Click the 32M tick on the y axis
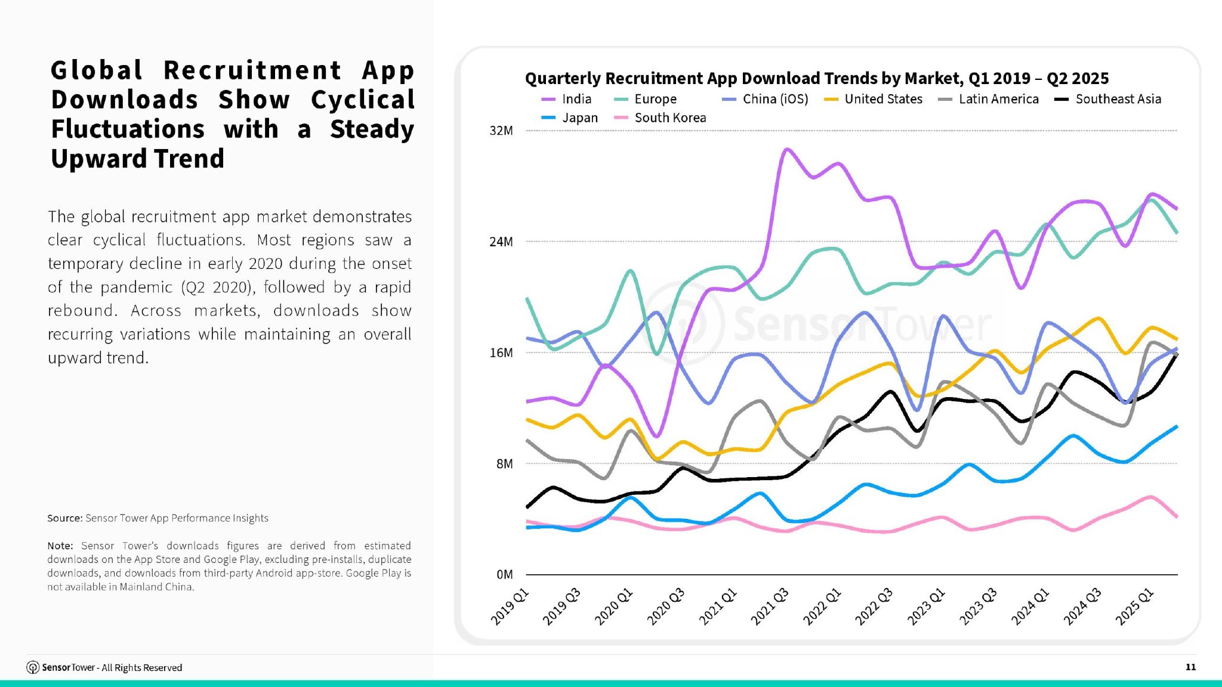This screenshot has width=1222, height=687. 501,131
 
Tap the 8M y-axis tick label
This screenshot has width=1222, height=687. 504,464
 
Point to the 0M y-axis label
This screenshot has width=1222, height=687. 504,574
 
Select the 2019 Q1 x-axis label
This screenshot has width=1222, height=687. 510,606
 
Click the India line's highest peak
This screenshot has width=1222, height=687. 787,149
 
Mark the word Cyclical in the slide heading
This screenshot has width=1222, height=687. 362,100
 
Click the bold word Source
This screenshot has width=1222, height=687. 64,518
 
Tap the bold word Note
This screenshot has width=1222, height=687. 60,546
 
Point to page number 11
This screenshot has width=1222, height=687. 1190,667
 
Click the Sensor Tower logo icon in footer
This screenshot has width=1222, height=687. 33,667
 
